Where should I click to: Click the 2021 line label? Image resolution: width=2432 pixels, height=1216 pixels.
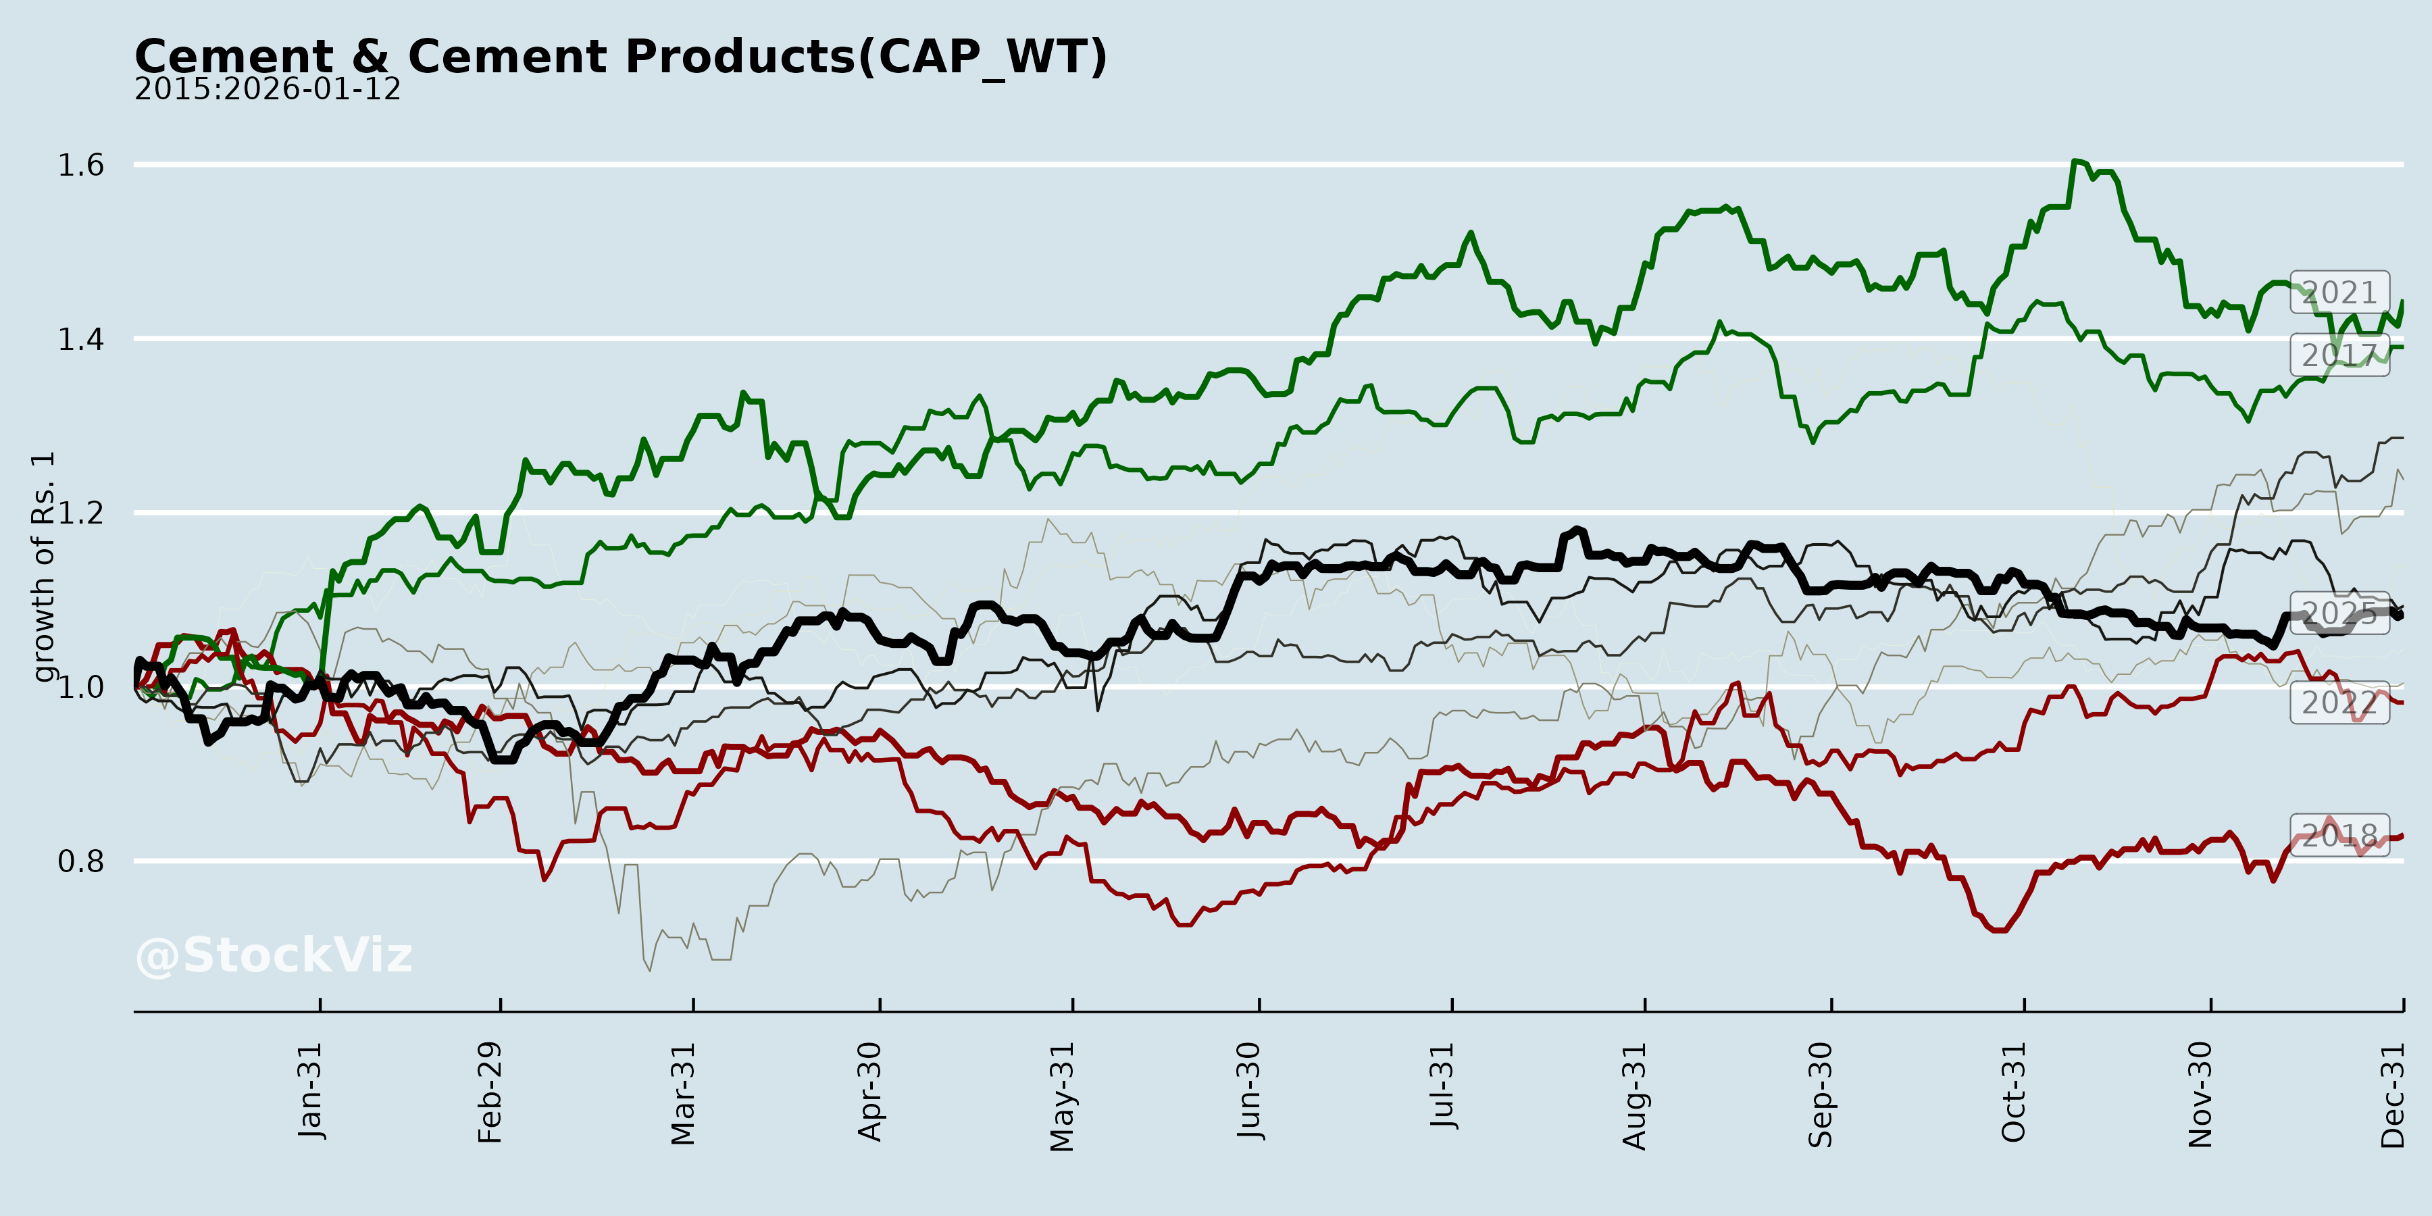2339,293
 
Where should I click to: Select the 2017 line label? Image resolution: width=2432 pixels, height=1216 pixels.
2339,356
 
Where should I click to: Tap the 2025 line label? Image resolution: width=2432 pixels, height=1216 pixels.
2339,613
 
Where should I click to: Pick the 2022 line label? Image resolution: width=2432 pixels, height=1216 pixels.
2339,703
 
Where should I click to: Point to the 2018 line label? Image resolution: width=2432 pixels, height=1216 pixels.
2339,834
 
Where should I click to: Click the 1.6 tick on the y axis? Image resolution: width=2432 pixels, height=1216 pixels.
81,166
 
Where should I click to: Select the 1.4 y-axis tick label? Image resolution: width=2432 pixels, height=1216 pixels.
81,339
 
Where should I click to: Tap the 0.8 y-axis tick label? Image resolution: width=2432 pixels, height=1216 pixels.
81,861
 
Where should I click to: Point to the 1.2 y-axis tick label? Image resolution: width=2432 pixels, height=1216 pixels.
81,513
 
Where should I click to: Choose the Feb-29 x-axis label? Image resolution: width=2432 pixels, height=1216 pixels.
490,1092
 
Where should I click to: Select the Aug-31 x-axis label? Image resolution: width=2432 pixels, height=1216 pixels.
1634,1095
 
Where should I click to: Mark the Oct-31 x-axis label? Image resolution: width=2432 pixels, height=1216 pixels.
2013,1092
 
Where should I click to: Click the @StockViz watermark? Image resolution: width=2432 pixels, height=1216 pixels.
274,955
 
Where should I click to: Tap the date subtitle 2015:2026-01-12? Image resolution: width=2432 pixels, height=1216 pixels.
267,90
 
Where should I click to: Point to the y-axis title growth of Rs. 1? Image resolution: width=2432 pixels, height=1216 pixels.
43,567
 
